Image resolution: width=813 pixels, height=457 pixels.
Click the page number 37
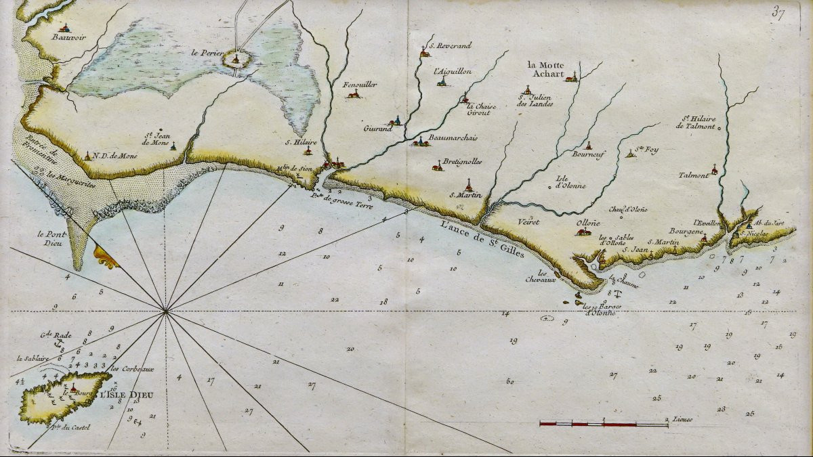pyautogui.click(x=777, y=14)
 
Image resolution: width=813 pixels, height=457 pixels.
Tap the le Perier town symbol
pyautogui.click(x=236, y=60)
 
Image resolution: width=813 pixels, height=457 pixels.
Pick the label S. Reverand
pyautogui.click(x=448, y=45)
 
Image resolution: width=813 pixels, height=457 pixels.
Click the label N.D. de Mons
pyautogui.click(x=114, y=156)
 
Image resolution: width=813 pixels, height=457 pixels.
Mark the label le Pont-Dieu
pyautogui.click(x=51, y=238)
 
